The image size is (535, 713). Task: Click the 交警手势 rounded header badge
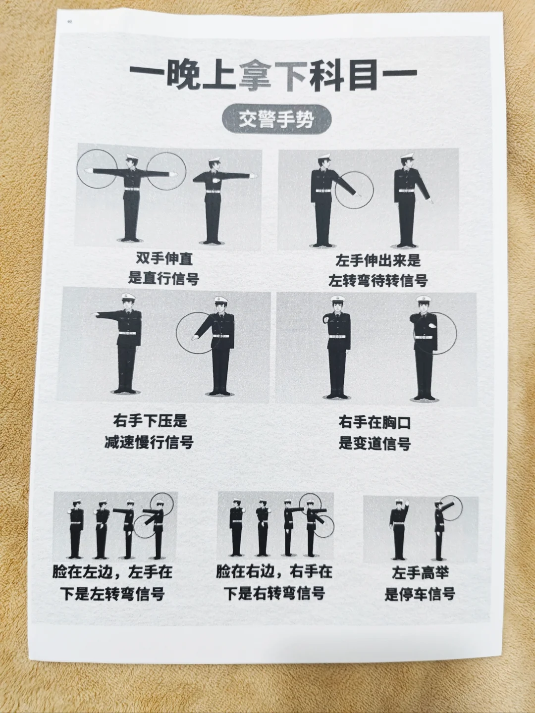276,120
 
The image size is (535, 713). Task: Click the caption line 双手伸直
164,258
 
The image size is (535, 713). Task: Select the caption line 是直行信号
163,278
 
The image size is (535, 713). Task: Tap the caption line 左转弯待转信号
378,281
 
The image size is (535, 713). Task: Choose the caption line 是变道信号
374,443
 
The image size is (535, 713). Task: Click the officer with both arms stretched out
132,198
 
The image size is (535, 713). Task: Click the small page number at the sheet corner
69,22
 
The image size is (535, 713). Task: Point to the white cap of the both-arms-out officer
133,158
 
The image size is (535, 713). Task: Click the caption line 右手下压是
150,421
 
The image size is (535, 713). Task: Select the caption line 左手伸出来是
378,260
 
